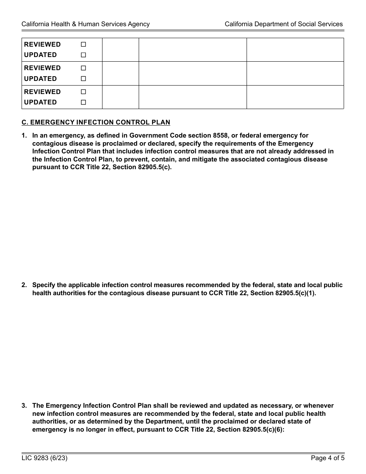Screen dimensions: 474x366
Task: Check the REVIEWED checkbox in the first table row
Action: click(x=83, y=45)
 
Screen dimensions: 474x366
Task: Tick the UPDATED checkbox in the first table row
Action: click(x=83, y=55)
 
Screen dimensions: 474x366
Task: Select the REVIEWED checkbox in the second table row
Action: click(x=83, y=68)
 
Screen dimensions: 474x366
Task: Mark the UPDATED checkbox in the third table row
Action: click(x=83, y=103)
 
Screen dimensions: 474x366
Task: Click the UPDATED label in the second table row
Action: click(x=40, y=79)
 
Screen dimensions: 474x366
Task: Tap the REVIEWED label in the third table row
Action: click(x=42, y=92)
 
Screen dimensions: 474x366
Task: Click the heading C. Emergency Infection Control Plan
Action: click(x=96, y=123)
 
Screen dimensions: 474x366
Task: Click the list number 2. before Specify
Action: click(x=24, y=285)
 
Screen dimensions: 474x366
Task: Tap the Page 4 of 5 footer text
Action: click(x=327, y=458)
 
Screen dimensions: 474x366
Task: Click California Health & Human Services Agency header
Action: click(x=86, y=24)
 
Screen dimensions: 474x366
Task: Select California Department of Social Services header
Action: click(x=284, y=24)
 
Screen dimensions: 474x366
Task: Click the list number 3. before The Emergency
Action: click(x=24, y=405)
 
